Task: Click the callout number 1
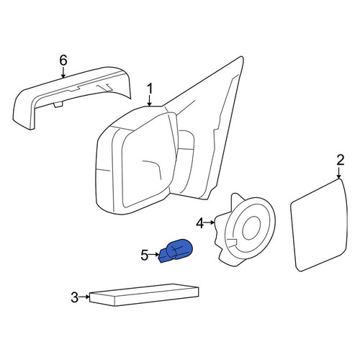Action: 150,89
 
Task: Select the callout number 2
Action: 341,160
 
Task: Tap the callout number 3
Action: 75,297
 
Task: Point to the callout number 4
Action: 200,223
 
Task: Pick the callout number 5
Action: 144,255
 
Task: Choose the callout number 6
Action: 63,60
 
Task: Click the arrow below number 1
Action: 150,101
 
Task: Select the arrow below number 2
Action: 339,173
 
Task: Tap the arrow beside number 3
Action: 84,297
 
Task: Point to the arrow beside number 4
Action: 210,222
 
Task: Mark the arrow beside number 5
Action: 154,254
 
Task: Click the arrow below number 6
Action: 63,73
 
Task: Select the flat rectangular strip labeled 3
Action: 144,295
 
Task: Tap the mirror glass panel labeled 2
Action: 319,225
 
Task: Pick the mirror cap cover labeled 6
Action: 71,98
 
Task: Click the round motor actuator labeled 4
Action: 246,229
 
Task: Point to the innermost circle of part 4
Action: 251,228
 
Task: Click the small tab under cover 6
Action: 58,104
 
